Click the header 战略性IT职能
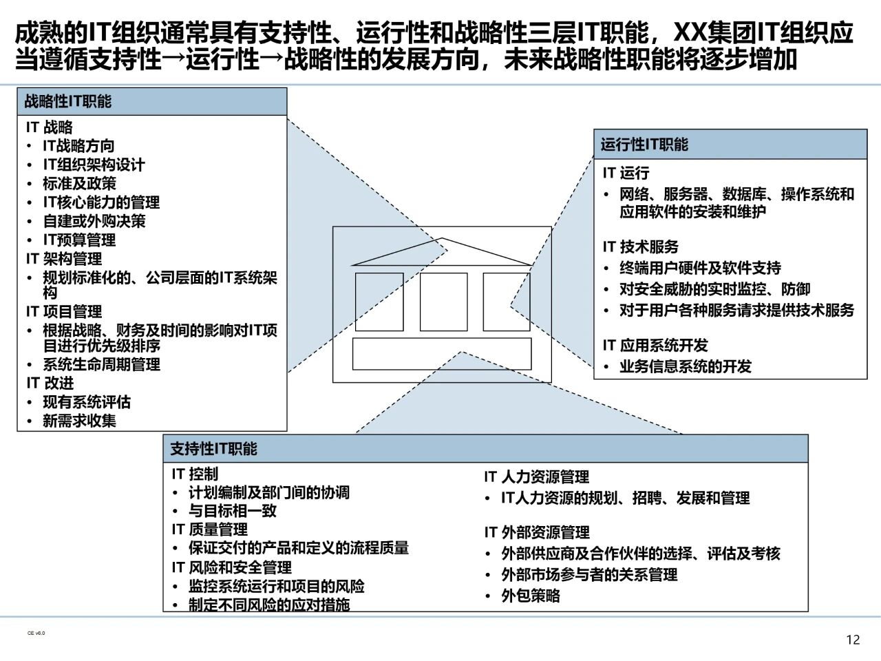point(68,102)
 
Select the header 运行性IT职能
point(644,145)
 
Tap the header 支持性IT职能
point(213,449)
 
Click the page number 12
point(853,640)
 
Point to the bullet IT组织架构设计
point(94,165)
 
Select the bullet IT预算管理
point(79,240)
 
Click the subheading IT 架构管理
point(64,259)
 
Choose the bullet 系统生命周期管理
point(101,364)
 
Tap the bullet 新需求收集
point(79,421)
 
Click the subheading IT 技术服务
point(641,246)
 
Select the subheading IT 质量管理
point(209,529)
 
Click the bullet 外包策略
point(530,596)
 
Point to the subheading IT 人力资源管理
point(536,477)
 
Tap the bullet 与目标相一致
point(232,511)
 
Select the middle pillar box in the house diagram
point(443,302)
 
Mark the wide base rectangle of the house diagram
point(442,354)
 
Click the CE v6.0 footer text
point(36,633)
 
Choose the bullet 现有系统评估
point(86,402)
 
